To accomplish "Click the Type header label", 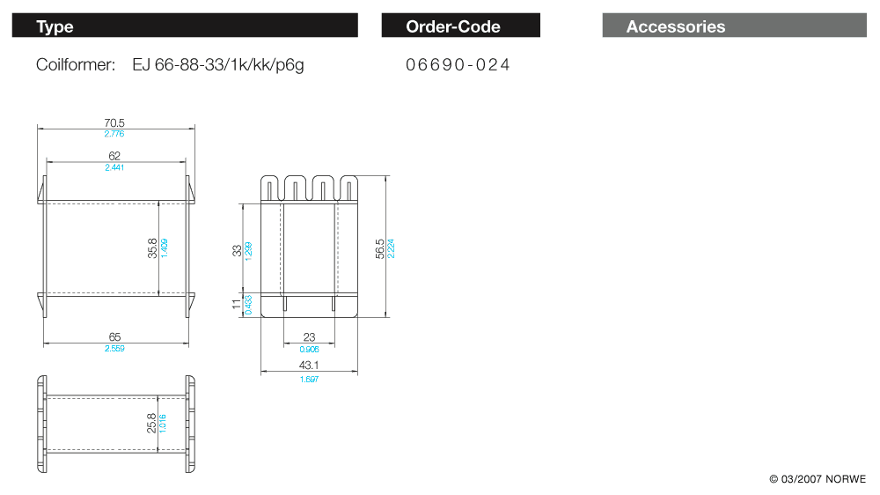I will (55, 26).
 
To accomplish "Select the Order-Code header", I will (452, 26).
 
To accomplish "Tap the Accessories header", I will (675, 26).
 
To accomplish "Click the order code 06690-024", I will (458, 65).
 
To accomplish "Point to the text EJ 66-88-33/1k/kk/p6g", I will (217, 65).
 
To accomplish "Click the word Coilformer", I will (76, 65).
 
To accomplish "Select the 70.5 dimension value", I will (114, 123).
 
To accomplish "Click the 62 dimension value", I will (114, 156).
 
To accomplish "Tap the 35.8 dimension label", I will (152, 248).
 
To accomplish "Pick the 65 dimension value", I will (114, 337).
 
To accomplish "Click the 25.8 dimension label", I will (152, 423).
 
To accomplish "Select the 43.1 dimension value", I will (309, 365).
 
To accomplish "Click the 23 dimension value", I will (309, 337).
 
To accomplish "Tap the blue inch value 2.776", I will (114, 134).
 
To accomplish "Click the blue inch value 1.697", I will (309, 380).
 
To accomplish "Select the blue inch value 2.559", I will (114, 349).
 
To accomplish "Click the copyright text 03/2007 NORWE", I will (818, 479).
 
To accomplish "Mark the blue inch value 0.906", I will (309, 350).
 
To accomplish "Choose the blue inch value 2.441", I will (114, 167).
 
